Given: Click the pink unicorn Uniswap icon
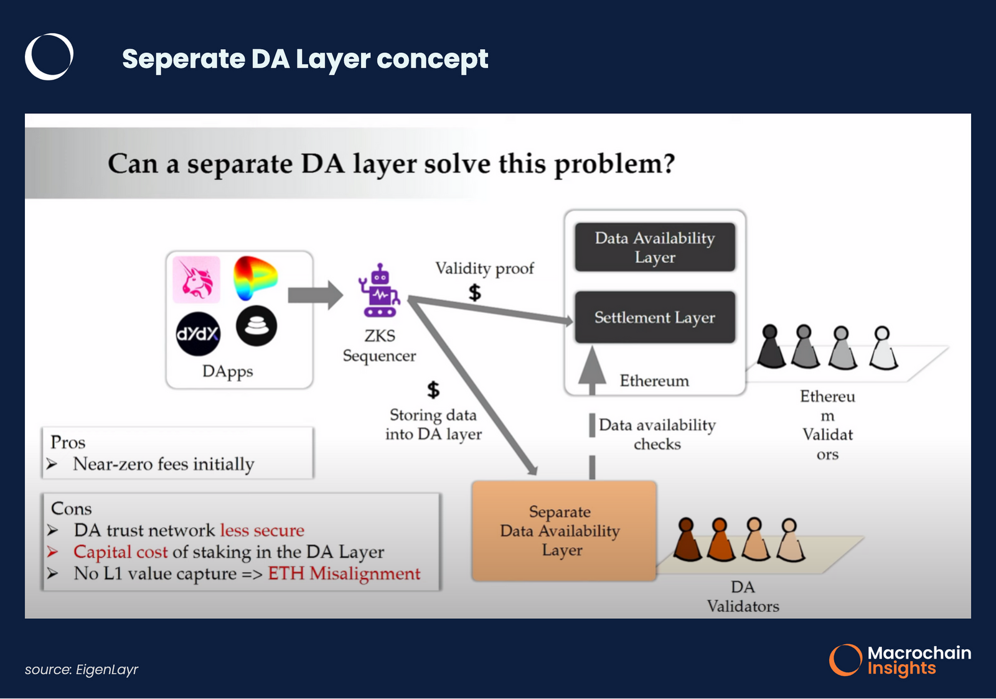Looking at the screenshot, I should coord(196,279).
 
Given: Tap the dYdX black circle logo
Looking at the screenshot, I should coord(198,334).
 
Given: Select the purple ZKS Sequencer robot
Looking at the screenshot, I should coord(379,292).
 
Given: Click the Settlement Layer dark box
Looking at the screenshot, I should coord(654,317).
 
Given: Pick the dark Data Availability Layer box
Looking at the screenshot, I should coord(654,247).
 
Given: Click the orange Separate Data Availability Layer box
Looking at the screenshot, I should coord(563,530).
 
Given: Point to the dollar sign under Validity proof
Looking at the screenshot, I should coord(475,292).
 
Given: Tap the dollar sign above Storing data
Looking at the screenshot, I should coord(433,390).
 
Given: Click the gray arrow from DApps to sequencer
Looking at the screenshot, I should coord(314,295).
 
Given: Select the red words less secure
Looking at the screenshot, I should coord(262,530).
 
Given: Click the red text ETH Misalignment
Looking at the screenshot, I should coord(344,573).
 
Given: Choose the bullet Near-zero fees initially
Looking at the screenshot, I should coord(163,464).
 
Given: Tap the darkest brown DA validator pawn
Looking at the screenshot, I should coord(687,540).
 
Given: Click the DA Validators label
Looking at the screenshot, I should coord(743,596).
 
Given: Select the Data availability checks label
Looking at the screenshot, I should coord(657,434).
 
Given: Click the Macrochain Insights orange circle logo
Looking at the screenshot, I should coord(845,660).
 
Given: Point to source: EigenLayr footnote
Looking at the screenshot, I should coord(82,670).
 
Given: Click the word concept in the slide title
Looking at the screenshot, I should coord(432,59).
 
